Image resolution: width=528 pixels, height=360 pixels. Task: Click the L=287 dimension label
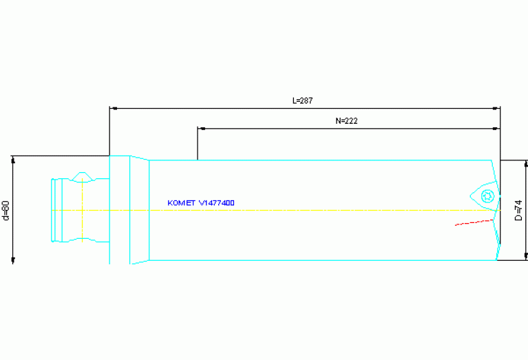tap(303, 100)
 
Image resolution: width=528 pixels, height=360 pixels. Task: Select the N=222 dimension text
tap(346, 120)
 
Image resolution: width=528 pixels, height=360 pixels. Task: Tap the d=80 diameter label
tap(6, 209)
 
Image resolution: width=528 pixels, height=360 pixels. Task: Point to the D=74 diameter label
tap(518, 210)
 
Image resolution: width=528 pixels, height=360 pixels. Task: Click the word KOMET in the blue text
tap(181, 203)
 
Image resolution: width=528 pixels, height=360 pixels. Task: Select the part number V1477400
tap(216, 203)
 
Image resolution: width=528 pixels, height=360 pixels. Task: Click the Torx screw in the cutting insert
tap(487, 195)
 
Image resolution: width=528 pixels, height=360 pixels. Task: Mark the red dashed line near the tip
tap(474, 222)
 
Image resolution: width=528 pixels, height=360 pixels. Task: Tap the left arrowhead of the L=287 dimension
tap(114, 108)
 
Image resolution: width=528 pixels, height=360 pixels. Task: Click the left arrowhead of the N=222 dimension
tap(202, 128)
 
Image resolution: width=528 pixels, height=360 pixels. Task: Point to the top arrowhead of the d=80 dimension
tap(13, 160)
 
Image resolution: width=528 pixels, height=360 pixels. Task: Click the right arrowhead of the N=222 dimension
tap(496, 128)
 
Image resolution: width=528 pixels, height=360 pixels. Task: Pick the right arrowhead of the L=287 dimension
tap(496, 108)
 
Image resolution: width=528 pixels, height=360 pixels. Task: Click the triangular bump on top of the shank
tap(83, 176)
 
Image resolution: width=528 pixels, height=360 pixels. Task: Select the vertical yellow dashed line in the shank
tap(82, 210)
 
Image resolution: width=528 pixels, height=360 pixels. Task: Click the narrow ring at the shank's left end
tap(54, 210)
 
